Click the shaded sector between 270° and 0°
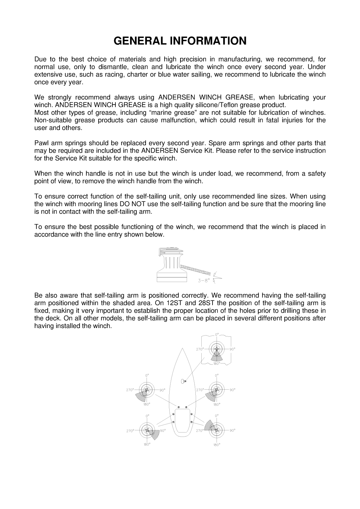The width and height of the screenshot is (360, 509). point(210,425)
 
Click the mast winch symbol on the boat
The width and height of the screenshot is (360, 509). point(183,381)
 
